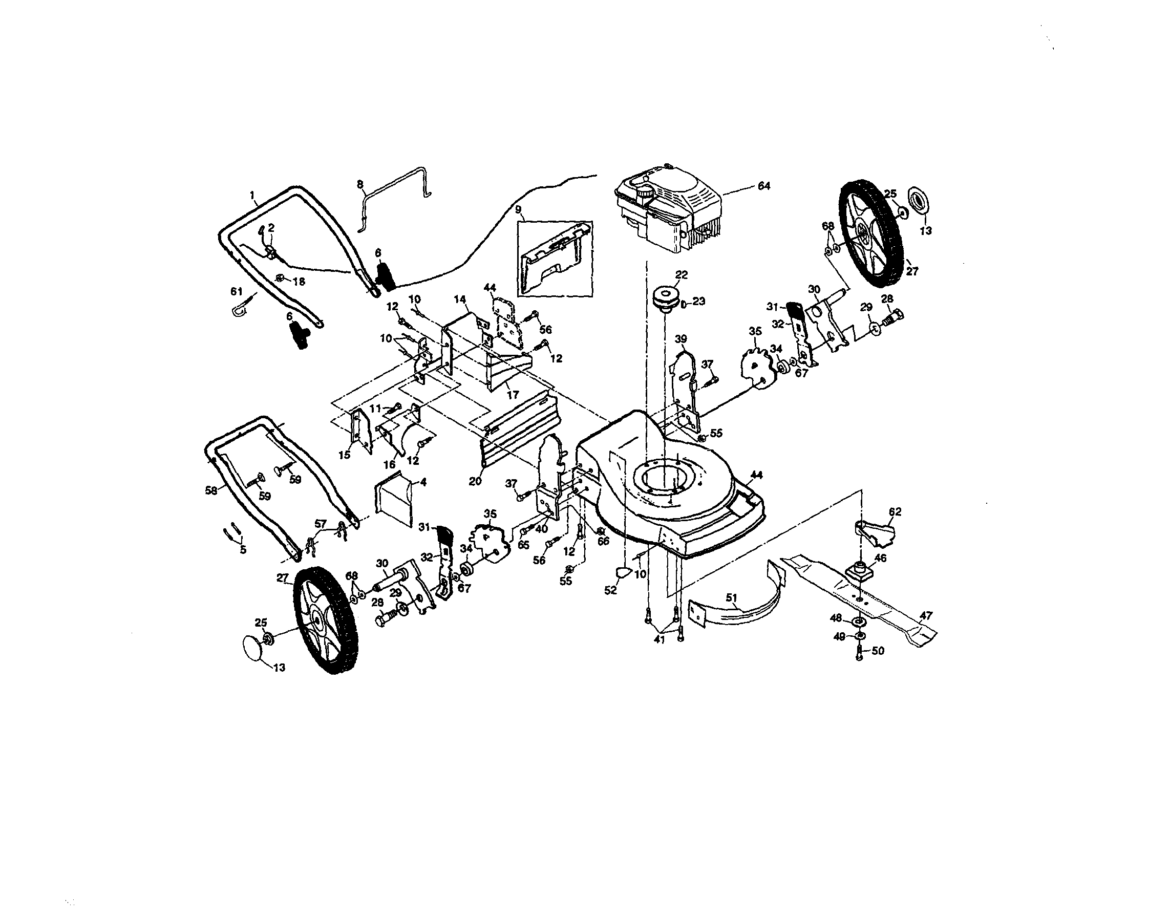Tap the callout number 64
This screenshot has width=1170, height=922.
763,186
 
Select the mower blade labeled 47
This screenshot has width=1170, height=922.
864,599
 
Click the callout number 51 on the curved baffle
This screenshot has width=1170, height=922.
732,597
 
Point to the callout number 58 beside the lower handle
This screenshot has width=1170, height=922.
211,490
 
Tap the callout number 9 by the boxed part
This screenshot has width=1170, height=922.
518,209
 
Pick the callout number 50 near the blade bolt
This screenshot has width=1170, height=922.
878,651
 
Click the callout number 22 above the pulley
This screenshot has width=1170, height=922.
682,275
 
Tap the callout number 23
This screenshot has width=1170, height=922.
698,301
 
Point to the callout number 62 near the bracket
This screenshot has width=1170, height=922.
895,511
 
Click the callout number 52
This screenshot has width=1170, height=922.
610,591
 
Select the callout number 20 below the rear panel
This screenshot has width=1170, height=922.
475,481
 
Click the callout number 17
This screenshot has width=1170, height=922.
513,395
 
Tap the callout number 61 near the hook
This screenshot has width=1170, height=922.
237,291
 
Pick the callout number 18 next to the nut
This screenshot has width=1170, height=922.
299,281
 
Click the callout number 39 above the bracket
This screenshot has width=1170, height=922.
681,339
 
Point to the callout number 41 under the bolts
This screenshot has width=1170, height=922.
659,640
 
